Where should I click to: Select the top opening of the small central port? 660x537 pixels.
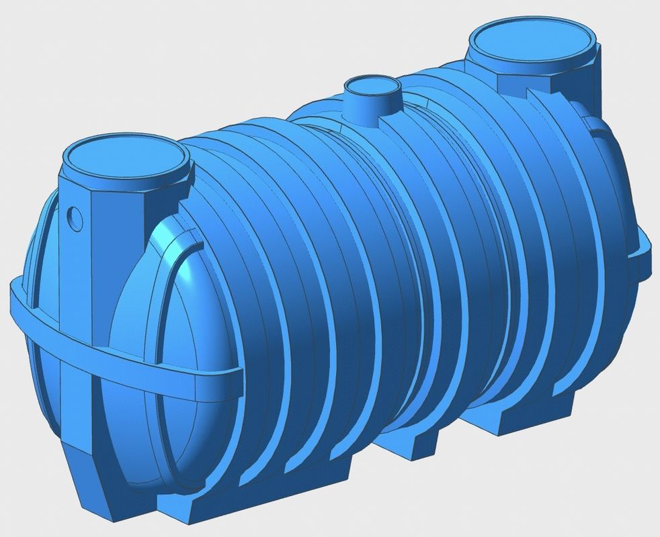(372, 85)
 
